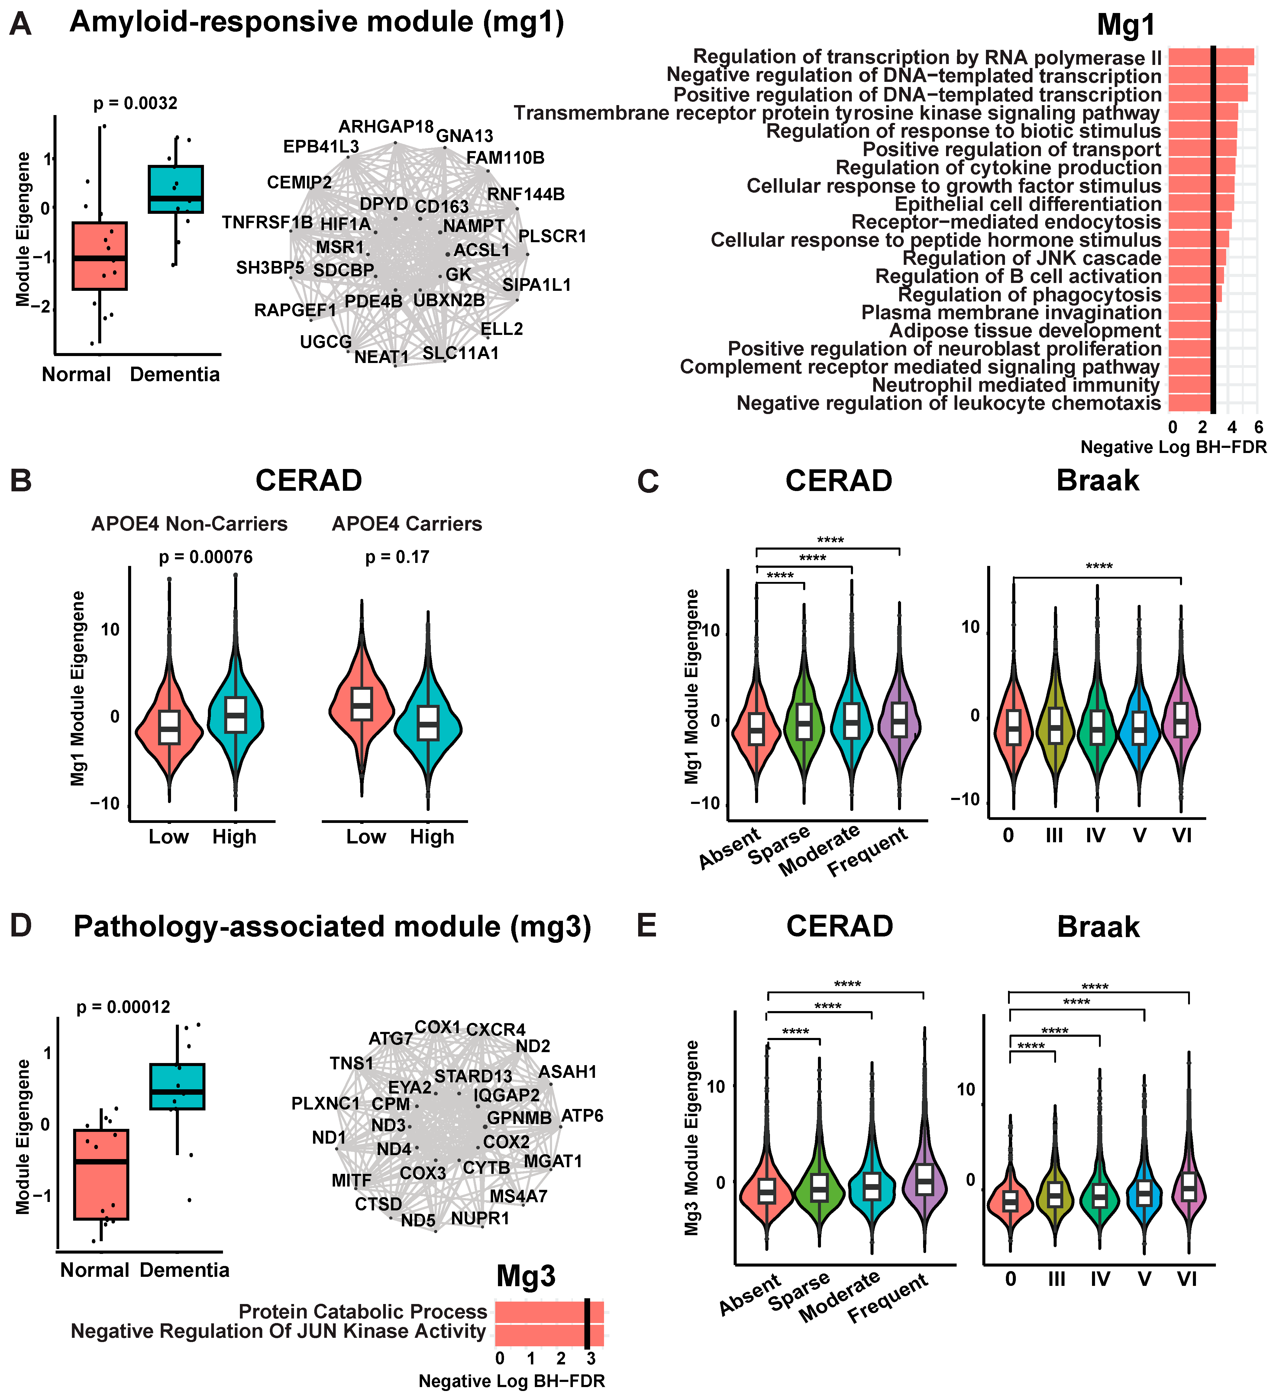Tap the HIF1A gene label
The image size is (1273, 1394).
tap(345, 224)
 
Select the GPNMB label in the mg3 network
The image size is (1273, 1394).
tap(519, 1118)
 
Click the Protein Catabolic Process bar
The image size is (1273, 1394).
tap(549, 1311)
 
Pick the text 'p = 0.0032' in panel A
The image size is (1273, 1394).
tap(136, 104)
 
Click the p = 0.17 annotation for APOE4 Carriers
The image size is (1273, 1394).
tap(397, 557)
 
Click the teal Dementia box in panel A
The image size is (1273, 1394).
tap(176, 189)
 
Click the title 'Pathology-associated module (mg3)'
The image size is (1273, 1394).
tap(332, 927)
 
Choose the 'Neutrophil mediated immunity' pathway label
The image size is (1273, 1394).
tap(1016, 385)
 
